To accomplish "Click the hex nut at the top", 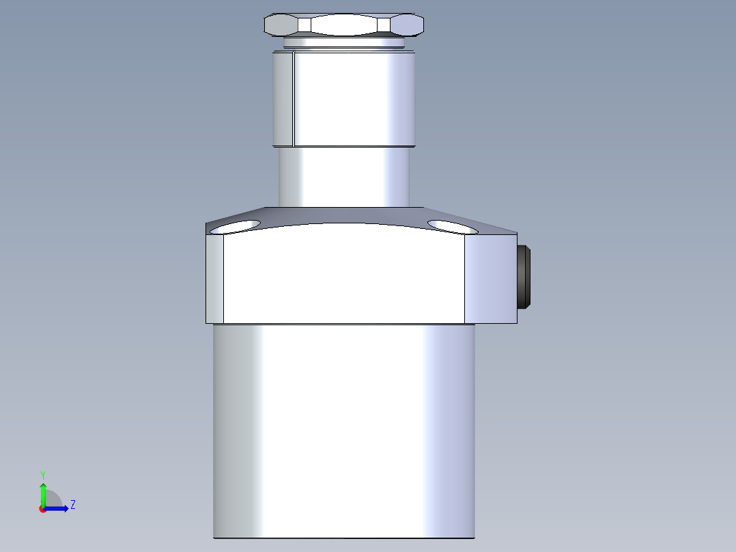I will pos(343,25).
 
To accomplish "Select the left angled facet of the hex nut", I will pos(281,25).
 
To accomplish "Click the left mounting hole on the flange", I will pos(236,227).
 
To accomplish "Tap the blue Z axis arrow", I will pos(58,508).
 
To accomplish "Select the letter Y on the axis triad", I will pos(43,474).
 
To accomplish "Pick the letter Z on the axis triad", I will pos(72,505).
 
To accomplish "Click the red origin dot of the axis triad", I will pos(42,509).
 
